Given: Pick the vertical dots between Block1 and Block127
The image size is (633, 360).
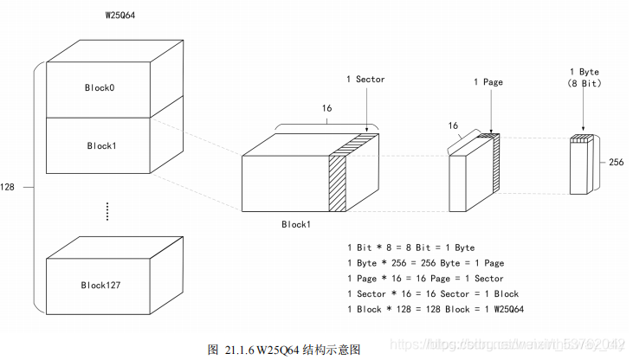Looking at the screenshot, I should coord(107,210).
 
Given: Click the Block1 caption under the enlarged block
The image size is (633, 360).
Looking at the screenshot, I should coord(296,224).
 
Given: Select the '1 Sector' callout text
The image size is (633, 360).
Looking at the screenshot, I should coord(365,80).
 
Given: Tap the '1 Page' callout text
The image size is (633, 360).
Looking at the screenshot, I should coord(488,82).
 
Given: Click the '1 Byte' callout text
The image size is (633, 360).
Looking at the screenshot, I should coord(584,71).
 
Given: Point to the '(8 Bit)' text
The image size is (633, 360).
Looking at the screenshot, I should coord(584,83).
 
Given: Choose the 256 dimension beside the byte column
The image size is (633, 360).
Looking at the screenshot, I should coord(617,163).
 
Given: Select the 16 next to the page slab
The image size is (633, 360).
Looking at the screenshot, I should coord(452,125).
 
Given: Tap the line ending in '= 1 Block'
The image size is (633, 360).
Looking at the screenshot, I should coord(433,294).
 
